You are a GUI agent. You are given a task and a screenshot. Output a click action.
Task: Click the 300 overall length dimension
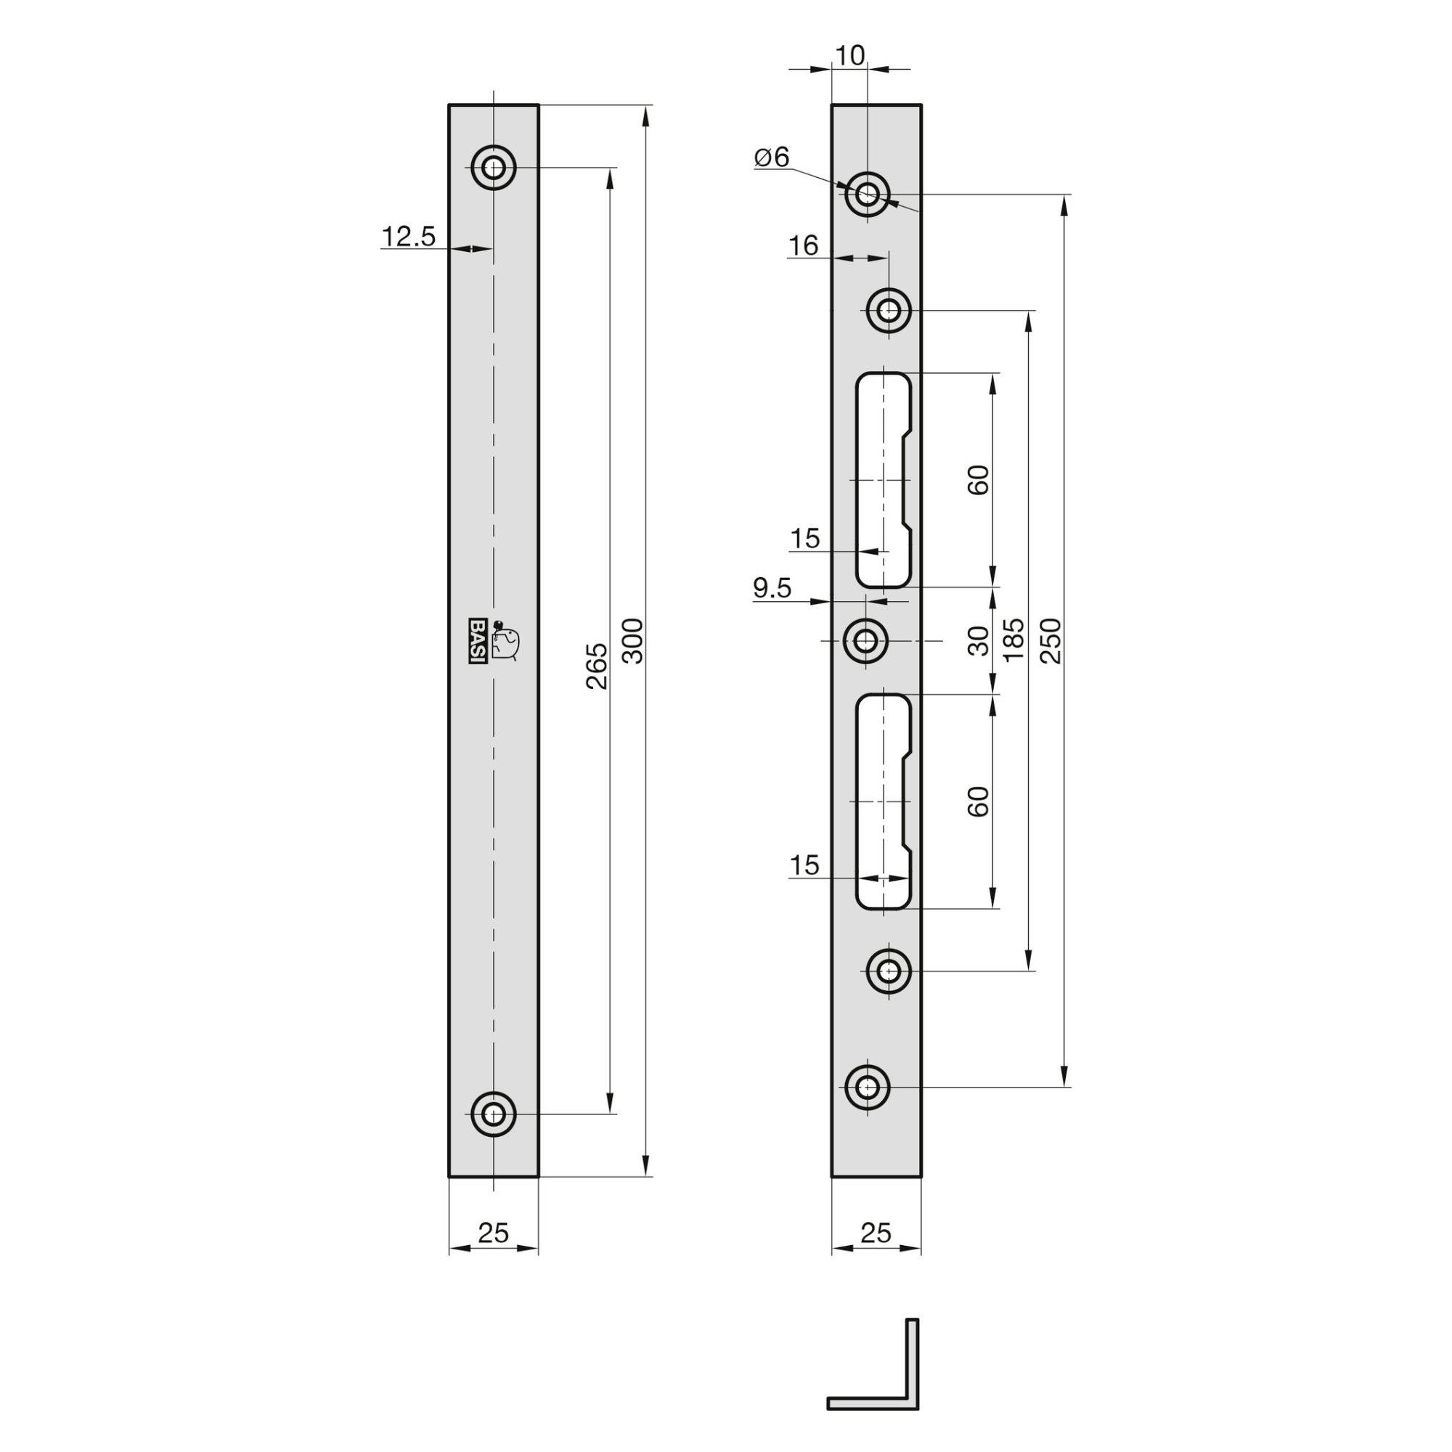(x=635, y=640)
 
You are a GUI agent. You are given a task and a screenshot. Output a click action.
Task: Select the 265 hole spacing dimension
(x=596, y=665)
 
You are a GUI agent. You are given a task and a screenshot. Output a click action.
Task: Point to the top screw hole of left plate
(x=494, y=167)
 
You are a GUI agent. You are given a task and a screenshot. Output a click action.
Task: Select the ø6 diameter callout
(x=772, y=157)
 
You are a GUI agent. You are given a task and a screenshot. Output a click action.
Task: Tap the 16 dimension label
(x=804, y=246)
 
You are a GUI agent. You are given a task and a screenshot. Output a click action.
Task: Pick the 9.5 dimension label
(x=772, y=589)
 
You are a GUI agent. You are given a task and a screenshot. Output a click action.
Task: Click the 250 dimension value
(x=1053, y=640)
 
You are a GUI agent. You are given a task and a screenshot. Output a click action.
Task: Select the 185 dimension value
(x=1015, y=640)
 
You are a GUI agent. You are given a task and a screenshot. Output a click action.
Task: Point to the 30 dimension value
(x=979, y=640)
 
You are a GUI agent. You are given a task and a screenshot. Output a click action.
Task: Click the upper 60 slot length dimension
(x=979, y=479)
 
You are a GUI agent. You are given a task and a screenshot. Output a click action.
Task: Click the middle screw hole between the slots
(x=868, y=640)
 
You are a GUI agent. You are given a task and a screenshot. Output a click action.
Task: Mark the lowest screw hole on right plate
(x=868, y=1087)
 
